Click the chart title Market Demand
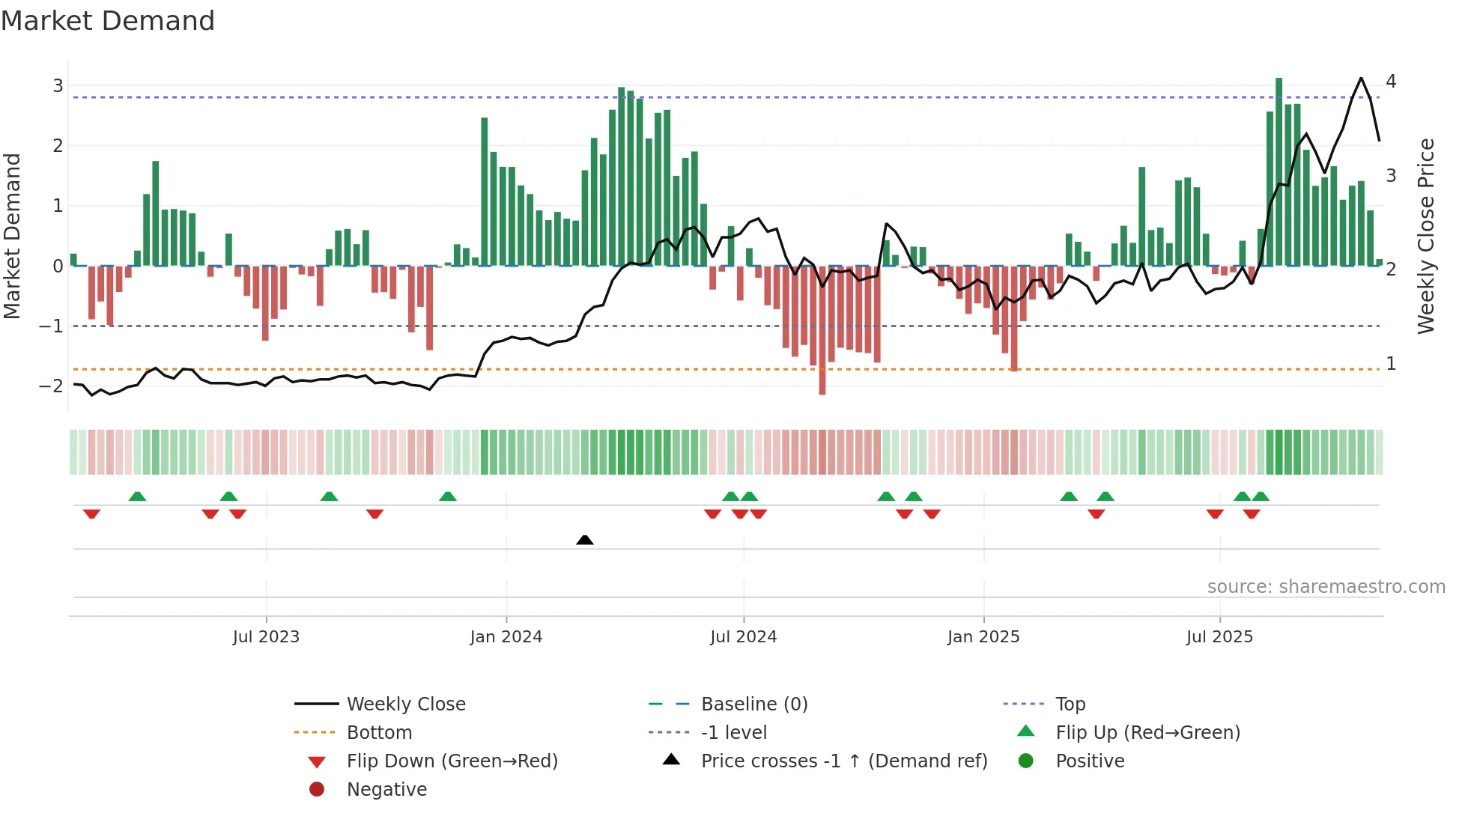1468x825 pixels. click(108, 21)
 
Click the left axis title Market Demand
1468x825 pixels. click(13, 237)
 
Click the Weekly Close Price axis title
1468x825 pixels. click(1425, 237)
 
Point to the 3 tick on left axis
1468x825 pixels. click(58, 86)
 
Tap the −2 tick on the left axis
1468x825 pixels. click(52, 386)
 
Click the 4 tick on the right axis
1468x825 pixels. click(1391, 82)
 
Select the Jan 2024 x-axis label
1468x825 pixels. click(506, 637)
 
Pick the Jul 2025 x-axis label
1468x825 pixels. click(1219, 637)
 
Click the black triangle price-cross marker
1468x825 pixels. click(585, 540)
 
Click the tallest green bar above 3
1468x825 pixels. click(1279, 172)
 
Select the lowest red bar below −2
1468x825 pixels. click(822, 329)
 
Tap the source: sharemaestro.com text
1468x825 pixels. click(1326, 587)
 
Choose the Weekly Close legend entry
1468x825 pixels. click(405, 704)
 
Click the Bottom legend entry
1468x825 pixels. click(379, 733)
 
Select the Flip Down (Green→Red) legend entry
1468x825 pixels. click(452, 761)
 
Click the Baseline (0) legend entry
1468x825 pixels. click(753, 704)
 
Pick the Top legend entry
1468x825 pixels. click(1070, 704)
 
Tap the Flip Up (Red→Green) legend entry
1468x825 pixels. click(1147, 733)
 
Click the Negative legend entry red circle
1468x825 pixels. click(317, 790)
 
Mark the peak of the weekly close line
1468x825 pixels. click(1361, 78)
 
